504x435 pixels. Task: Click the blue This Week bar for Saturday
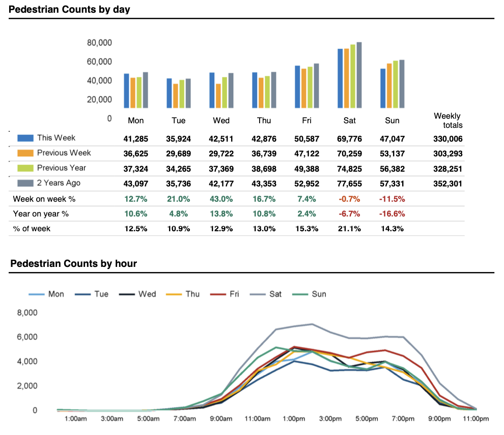[340, 78]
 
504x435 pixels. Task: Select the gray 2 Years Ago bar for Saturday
[359, 75]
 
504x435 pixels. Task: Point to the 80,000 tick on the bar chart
[100, 43]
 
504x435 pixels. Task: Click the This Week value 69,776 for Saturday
[349, 138]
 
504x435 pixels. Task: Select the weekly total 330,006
[448, 138]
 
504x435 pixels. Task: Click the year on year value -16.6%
[392, 213]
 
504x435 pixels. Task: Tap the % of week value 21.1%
[349, 229]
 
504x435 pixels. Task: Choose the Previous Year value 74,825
[349, 168]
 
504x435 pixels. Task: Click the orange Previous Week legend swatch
[25, 153]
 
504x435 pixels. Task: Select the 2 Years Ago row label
[59, 183]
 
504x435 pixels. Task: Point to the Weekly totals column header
[447, 121]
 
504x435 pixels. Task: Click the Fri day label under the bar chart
[307, 121]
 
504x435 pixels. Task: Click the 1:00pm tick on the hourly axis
[293, 419]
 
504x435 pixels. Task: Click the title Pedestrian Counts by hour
[73, 263]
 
